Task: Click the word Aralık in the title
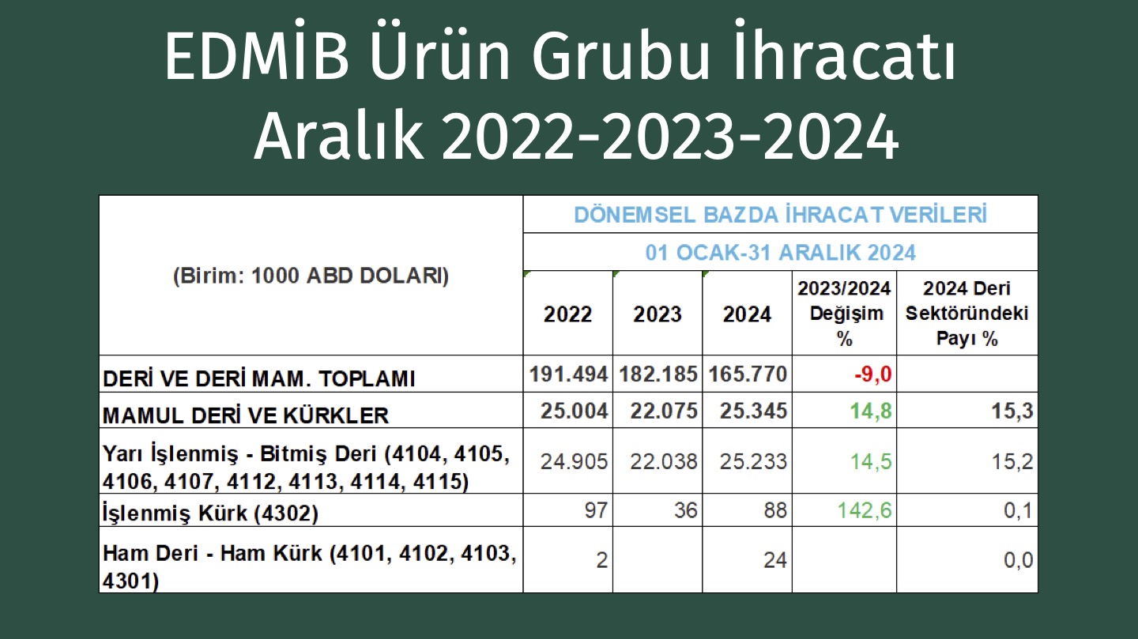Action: click(x=339, y=135)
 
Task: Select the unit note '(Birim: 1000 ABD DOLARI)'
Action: click(x=311, y=276)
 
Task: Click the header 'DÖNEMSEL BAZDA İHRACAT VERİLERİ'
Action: click(x=780, y=215)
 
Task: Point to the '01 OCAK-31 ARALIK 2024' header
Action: click(x=780, y=253)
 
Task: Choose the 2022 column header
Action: click(x=567, y=314)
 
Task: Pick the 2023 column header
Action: click(x=657, y=314)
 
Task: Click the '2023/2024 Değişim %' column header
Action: click(x=844, y=313)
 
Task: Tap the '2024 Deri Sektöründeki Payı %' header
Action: click(x=967, y=313)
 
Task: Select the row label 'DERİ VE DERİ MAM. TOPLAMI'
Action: click(x=258, y=378)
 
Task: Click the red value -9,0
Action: click(x=872, y=374)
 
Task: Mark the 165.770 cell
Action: click(x=748, y=374)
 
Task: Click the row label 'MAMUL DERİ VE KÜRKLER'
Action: click(x=245, y=415)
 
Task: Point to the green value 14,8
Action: click(x=871, y=411)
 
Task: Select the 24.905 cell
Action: click(x=574, y=461)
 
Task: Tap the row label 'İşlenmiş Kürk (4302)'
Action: click(x=210, y=512)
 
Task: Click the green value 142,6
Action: click(x=865, y=510)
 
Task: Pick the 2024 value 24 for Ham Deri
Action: click(x=774, y=560)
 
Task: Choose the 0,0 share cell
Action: click(x=1018, y=560)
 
